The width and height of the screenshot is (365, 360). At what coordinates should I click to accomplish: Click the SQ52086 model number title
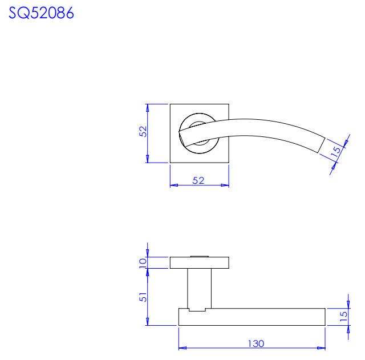click(41, 13)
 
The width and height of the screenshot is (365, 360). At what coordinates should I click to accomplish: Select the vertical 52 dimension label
click(143, 132)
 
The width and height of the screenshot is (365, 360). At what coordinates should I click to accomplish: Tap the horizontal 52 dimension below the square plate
click(198, 180)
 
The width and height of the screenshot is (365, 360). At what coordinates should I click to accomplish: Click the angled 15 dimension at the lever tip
click(336, 152)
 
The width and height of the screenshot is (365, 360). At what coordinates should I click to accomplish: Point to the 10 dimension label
click(143, 263)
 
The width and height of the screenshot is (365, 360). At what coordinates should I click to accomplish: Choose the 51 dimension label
click(143, 297)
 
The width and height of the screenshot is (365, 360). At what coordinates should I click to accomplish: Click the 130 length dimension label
click(256, 343)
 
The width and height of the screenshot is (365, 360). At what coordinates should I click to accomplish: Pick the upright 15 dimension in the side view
click(343, 317)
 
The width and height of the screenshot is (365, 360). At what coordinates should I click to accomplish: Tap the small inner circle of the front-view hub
click(199, 122)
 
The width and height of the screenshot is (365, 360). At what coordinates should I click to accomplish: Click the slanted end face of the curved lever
click(322, 145)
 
